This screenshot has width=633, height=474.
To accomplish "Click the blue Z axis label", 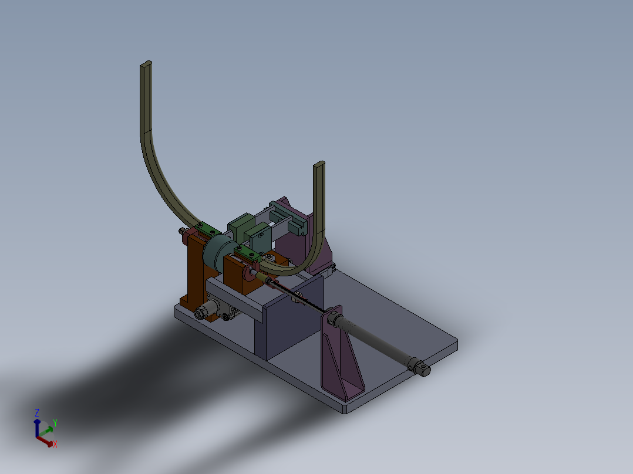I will coord(37,412).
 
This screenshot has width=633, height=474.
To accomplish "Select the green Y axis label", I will coord(55,422).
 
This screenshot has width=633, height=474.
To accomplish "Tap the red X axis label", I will coord(55,445).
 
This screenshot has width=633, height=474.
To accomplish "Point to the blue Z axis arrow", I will coord(37,426).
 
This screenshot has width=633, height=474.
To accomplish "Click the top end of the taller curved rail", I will coord(146,65).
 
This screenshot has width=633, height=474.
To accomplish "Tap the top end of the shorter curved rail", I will coord(319,165).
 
